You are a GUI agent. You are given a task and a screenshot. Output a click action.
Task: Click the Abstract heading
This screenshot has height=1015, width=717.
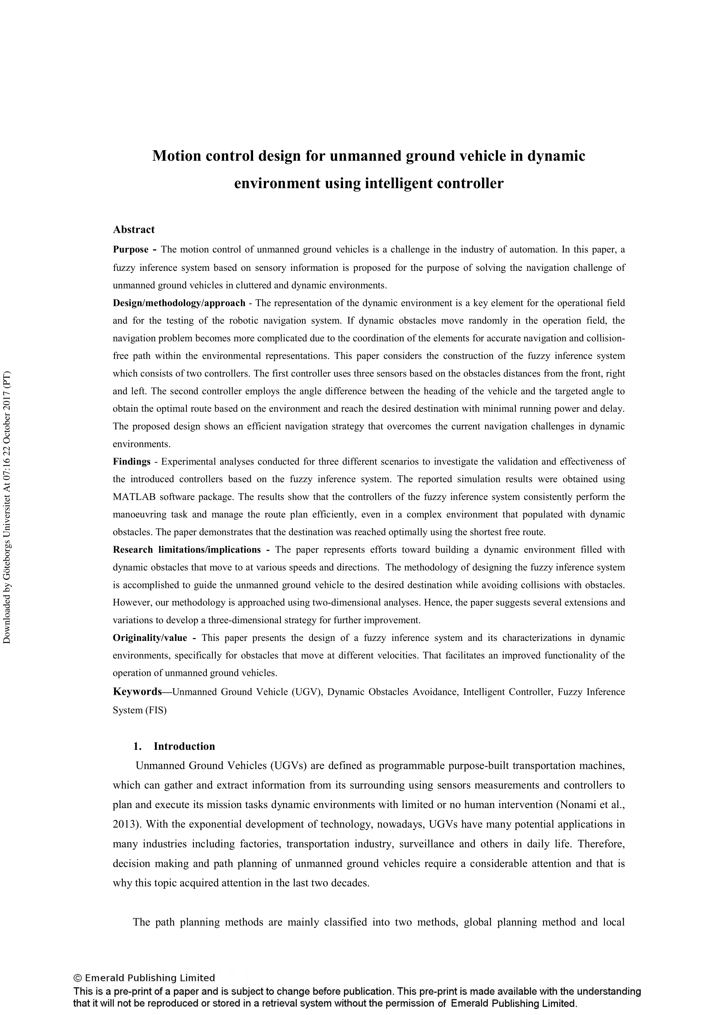pos(133,229)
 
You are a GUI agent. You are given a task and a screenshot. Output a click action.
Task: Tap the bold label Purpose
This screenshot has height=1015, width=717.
pos(131,250)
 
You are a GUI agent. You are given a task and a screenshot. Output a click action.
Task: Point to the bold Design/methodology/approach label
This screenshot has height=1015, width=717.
pos(179,303)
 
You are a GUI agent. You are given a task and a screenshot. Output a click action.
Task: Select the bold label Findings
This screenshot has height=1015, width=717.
pos(131,462)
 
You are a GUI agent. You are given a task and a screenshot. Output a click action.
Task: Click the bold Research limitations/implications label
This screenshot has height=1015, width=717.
pos(186,550)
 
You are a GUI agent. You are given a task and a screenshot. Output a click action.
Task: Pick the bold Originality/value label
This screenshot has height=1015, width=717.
pos(150,638)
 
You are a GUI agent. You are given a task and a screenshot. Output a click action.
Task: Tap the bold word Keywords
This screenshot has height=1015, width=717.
pos(137,692)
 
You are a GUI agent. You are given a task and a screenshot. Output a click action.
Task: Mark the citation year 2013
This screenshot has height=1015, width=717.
pos(125,825)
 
